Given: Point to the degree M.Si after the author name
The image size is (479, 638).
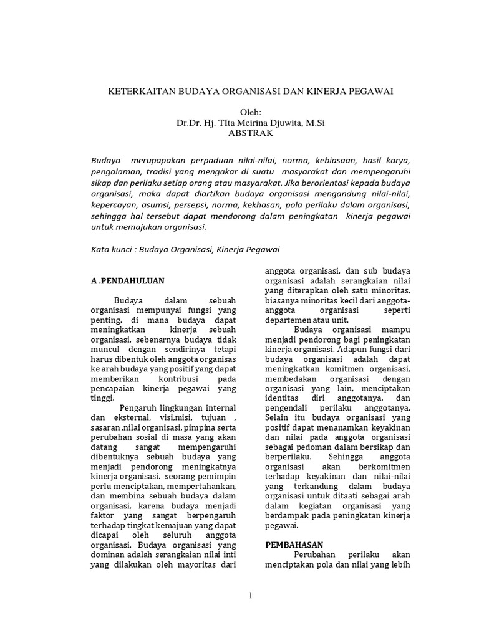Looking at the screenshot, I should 312,123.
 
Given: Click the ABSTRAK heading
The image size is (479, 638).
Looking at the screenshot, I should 251,133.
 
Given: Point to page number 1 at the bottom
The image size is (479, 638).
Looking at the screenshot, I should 251,596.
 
